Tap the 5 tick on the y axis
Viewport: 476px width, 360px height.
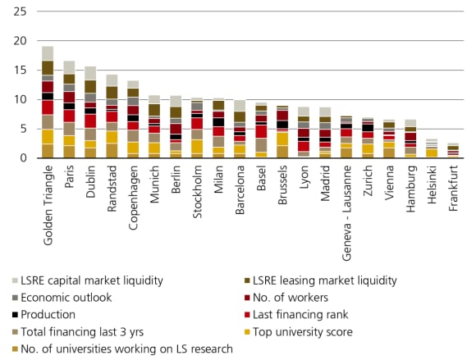[24, 129]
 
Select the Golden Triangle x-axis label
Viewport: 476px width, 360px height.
[48, 197]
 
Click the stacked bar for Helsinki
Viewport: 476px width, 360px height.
[432, 148]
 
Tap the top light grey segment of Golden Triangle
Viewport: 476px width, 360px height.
[48, 53]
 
